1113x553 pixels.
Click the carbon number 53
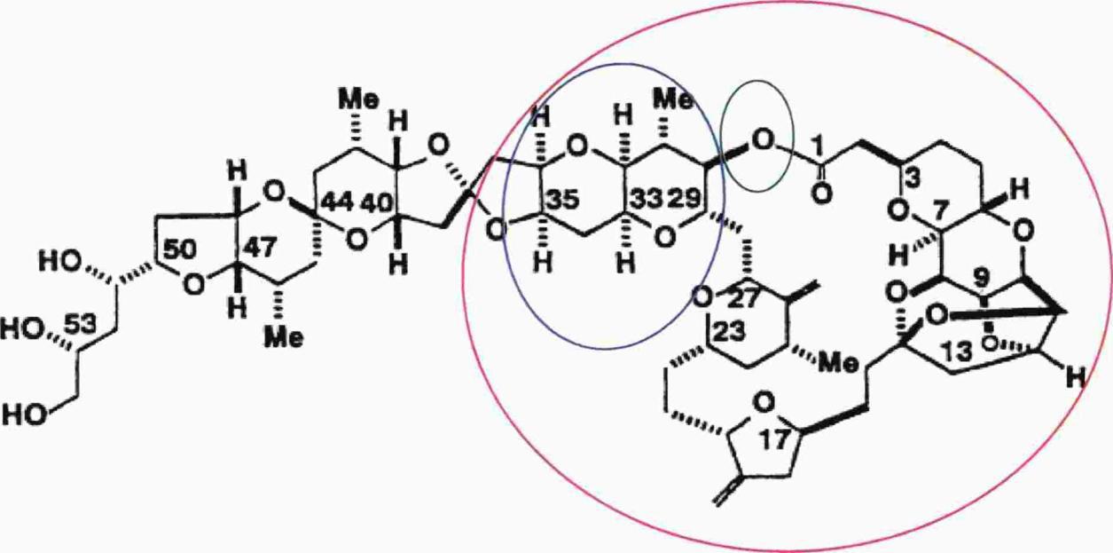[80, 326]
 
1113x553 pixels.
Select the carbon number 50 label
[179, 249]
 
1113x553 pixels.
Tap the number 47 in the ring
[258, 247]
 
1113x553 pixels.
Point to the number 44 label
[337, 201]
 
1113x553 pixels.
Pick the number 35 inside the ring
[563, 199]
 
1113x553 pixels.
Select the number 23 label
[729, 332]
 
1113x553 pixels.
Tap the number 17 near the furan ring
[774, 439]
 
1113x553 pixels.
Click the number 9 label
[982, 281]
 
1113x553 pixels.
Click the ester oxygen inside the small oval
[763, 141]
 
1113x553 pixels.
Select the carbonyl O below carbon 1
[822, 193]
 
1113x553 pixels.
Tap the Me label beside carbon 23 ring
[838, 366]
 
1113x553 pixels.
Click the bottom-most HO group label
[25, 415]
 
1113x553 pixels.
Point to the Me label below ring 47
[284, 339]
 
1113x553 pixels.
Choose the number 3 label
[912, 179]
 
